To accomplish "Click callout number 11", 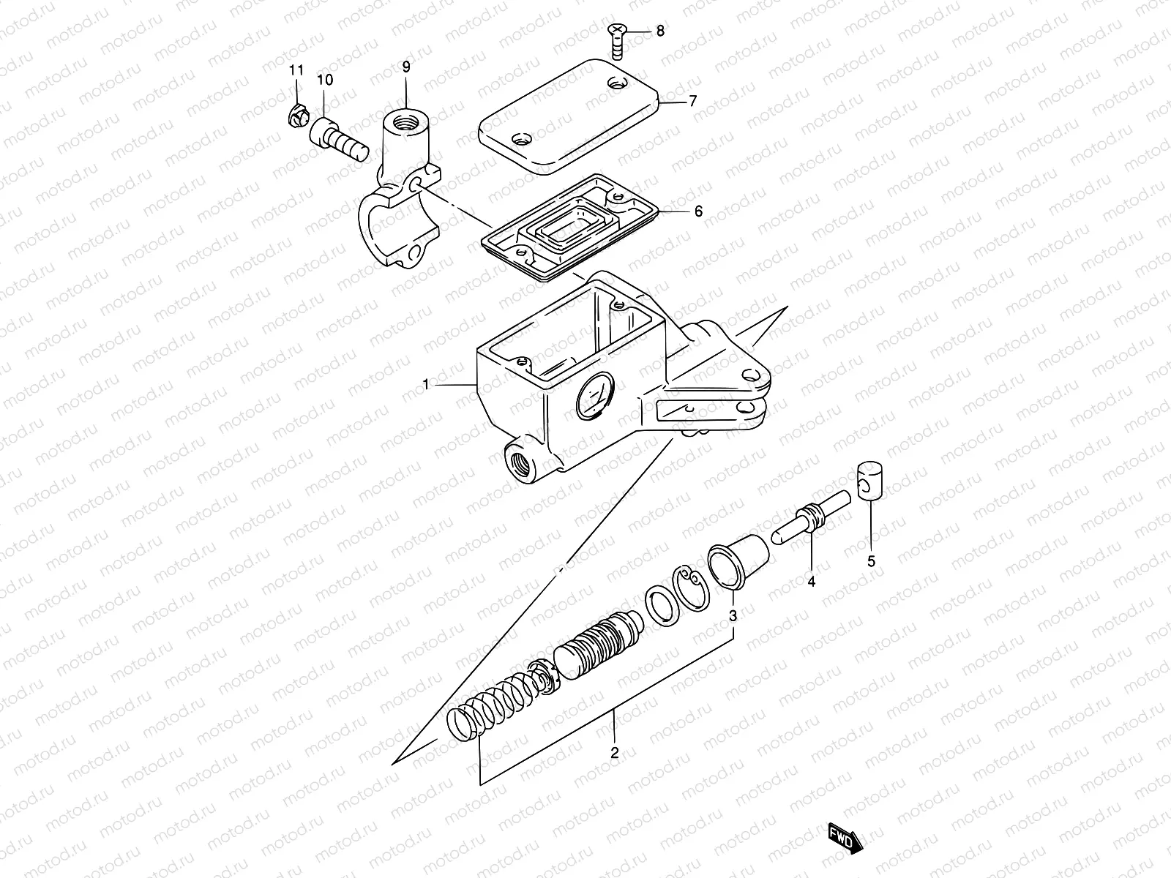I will (296, 71).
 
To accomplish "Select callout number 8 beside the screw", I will (660, 31).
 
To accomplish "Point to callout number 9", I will (406, 67).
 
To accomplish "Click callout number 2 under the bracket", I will (614, 752).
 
